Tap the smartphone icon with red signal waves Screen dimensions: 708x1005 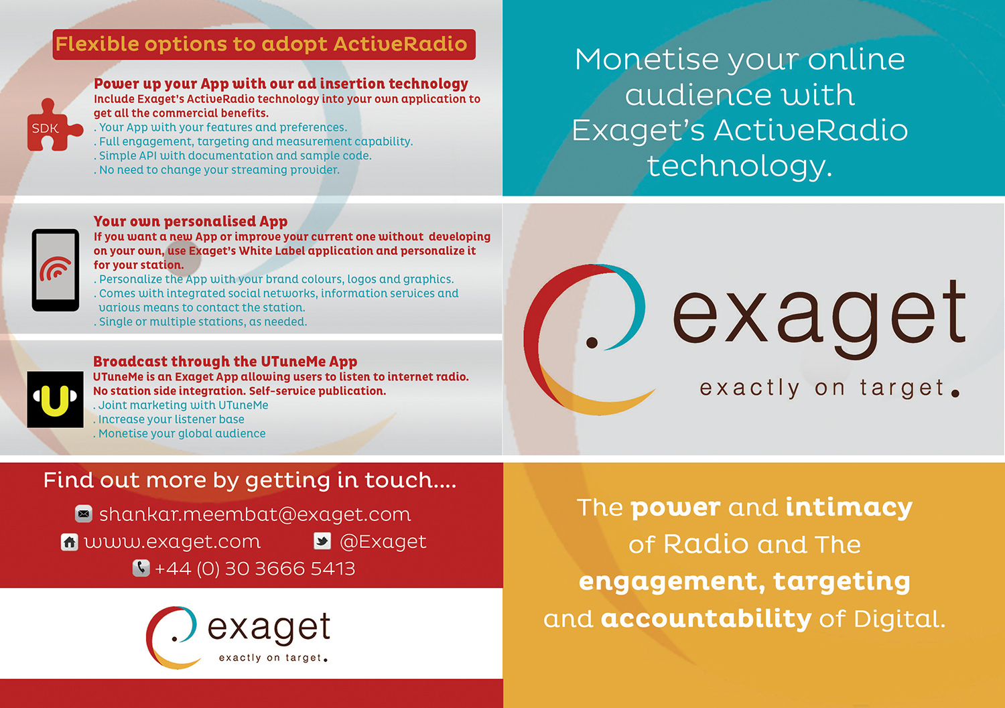click(56, 270)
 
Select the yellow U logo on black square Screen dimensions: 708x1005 click(55, 399)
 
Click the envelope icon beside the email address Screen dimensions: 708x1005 click(84, 514)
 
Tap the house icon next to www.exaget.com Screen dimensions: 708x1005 click(70, 542)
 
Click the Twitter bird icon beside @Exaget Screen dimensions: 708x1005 click(322, 541)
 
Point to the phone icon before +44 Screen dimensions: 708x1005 click(141, 568)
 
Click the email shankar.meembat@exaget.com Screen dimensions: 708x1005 click(255, 514)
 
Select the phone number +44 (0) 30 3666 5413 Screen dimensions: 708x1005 click(255, 569)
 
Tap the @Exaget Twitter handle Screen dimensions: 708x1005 click(383, 541)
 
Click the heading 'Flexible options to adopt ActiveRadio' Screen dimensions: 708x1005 click(261, 44)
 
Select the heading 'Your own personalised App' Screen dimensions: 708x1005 click(190, 221)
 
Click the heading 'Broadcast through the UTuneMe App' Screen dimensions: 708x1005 click(225, 362)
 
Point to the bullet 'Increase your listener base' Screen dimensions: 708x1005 click(171, 419)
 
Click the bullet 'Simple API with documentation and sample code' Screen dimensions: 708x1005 click(234, 155)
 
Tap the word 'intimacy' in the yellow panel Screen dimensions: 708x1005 click(849, 507)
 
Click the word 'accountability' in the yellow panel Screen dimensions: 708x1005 click(706, 618)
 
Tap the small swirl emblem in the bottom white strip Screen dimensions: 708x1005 click(172, 637)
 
